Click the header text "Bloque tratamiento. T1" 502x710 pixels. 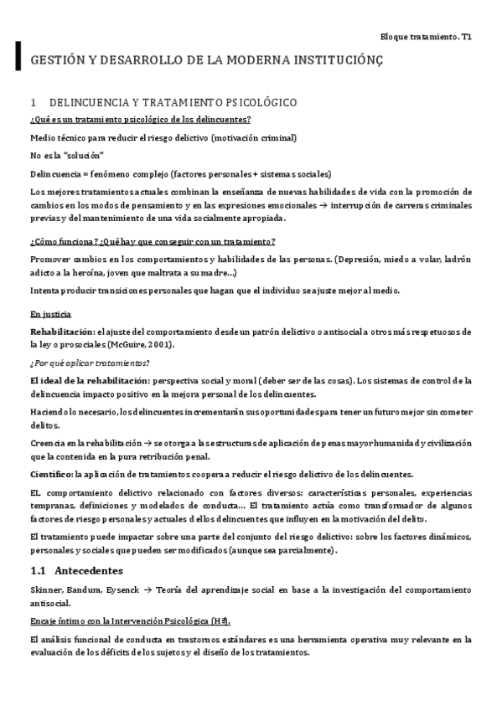tap(427, 38)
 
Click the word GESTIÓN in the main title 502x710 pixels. tap(56, 62)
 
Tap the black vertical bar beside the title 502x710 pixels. tap(18, 58)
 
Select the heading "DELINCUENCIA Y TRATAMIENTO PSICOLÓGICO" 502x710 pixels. tap(173, 103)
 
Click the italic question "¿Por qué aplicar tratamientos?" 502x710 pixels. tap(90, 363)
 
